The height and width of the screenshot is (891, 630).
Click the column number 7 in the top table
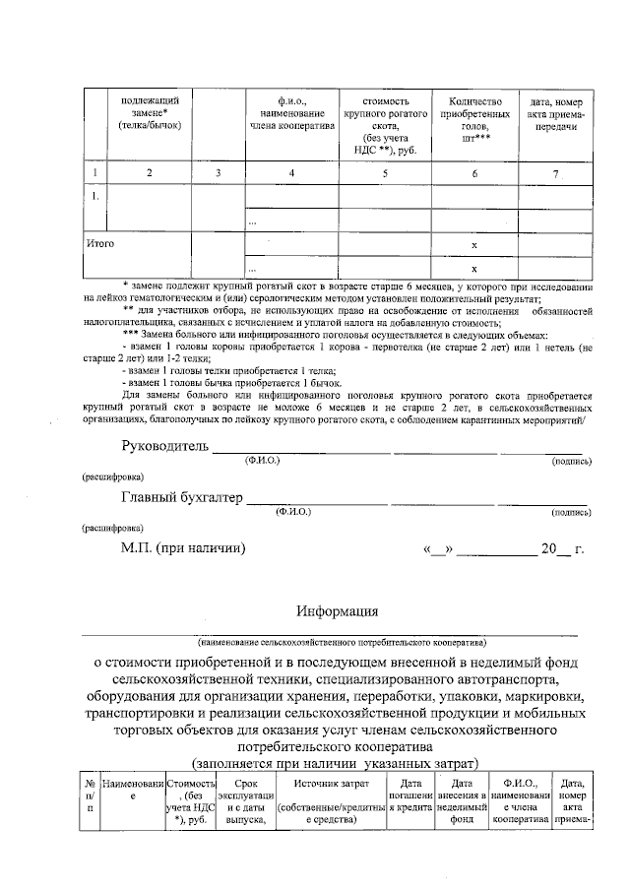click(556, 174)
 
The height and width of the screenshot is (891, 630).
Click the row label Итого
click(99, 242)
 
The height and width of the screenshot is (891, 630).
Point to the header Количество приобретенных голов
click(475, 120)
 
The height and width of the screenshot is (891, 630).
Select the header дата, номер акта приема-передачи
click(556, 114)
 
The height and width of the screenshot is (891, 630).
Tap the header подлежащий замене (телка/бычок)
click(150, 114)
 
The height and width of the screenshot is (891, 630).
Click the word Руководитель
click(165, 447)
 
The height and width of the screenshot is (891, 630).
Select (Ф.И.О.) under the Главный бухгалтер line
click(293, 512)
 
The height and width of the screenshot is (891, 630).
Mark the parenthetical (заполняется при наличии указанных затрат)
click(336, 762)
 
